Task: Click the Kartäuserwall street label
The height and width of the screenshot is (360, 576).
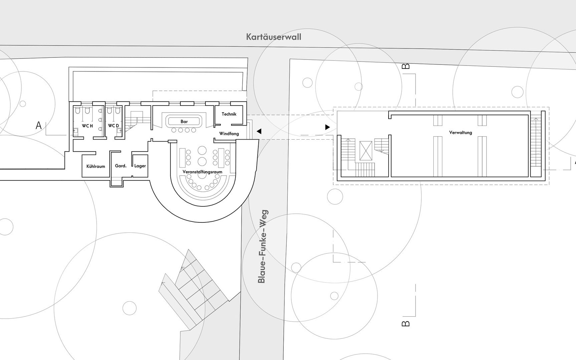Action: (273, 37)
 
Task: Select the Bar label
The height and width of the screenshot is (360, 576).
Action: (184, 122)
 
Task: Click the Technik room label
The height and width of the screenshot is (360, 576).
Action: (229, 114)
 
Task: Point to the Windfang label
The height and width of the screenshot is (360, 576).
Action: (229, 134)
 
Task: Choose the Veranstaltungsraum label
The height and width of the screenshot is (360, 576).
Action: (202, 172)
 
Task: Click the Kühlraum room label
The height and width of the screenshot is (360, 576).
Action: (96, 166)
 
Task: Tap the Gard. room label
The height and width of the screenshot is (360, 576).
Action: (121, 166)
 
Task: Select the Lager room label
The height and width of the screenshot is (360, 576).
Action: (140, 166)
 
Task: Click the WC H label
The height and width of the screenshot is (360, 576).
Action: (87, 126)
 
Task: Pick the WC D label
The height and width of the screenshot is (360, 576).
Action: (113, 126)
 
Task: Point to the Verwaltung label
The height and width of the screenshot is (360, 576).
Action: (460, 133)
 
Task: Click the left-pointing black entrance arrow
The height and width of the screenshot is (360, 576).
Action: (259, 132)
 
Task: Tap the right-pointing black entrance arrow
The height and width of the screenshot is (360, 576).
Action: (327, 127)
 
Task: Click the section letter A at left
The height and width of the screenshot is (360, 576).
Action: (39, 126)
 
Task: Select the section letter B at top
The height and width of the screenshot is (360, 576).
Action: (406, 66)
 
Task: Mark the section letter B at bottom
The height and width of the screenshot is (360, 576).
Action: (406, 323)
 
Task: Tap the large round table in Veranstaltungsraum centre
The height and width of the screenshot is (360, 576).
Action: (202, 151)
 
